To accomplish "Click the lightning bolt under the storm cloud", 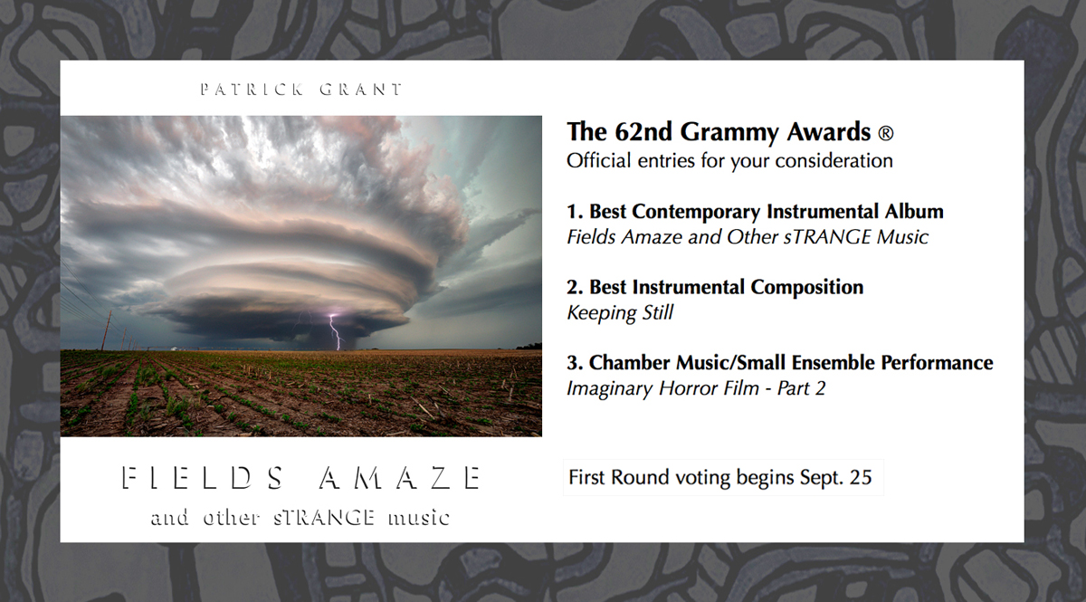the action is (335, 332).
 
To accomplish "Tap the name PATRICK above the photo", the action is (252, 90).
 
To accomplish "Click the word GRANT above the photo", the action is (361, 90).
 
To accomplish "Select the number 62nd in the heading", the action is (643, 132).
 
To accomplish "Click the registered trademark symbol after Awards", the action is (886, 133).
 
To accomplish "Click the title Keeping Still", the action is (620, 313).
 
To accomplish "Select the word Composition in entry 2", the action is (806, 288).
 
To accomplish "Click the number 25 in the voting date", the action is (861, 477).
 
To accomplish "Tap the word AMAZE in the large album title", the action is (399, 478).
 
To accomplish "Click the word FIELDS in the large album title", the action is (202, 478).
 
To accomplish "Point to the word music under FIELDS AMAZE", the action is (418, 518).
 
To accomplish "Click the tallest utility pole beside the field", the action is (106, 330).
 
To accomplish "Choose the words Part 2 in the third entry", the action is (801, 388).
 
